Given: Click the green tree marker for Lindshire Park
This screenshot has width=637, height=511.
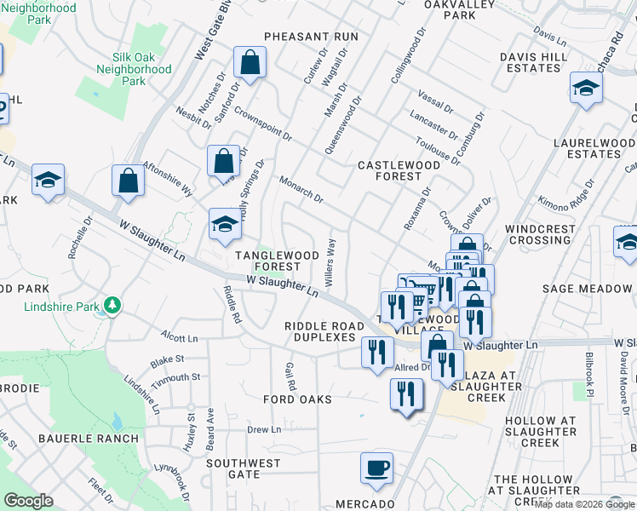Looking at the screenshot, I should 112,305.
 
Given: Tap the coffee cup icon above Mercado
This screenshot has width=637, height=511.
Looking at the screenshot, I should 376,468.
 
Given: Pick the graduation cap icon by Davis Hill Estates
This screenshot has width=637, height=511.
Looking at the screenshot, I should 585,89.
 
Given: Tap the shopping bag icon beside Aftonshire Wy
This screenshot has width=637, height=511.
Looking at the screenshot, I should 128,181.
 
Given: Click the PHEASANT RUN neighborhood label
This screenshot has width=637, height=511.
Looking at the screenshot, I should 311,37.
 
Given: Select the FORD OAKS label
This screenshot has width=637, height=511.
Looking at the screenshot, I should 297,399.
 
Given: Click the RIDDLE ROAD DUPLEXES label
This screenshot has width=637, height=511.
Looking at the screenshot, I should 319,331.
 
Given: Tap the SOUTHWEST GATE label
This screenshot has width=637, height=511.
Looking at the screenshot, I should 244,468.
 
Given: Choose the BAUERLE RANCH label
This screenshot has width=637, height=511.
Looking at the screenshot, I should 88,439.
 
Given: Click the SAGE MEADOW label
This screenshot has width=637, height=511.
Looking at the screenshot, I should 587,290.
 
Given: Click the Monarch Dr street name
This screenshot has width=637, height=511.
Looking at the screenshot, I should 301,189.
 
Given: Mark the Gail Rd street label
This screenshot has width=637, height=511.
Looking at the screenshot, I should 290,374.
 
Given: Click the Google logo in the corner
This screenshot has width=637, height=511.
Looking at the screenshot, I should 29,501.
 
